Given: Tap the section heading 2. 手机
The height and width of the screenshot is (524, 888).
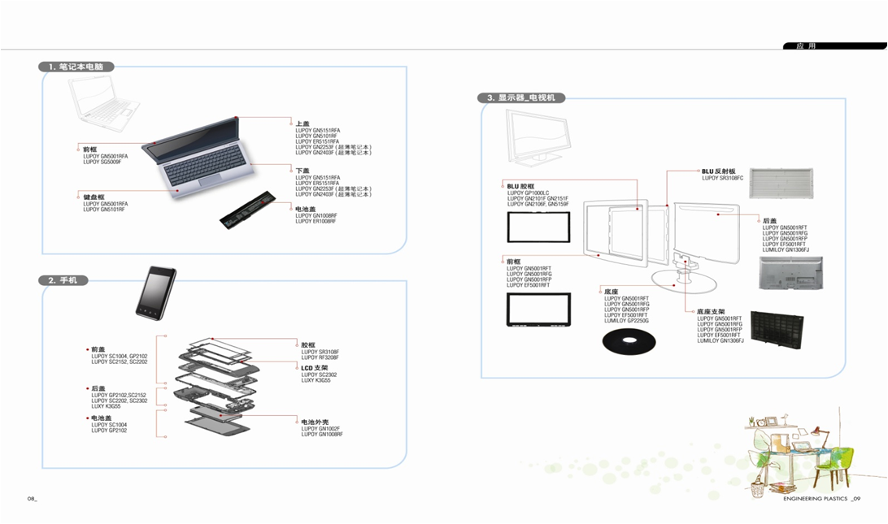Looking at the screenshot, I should (x=62, y=280).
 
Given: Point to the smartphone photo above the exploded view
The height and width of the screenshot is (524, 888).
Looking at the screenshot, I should (x=156, y=291).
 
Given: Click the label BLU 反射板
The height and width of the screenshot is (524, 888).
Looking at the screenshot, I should (x=719, y=171).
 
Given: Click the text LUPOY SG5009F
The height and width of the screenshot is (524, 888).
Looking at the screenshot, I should (x=102, y=162).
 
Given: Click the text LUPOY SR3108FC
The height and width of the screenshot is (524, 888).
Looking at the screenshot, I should (x=723, y=178).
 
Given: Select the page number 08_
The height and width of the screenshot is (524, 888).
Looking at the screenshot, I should (x=32, y=498).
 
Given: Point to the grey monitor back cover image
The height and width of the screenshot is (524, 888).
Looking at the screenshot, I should (x=790, y=274).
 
